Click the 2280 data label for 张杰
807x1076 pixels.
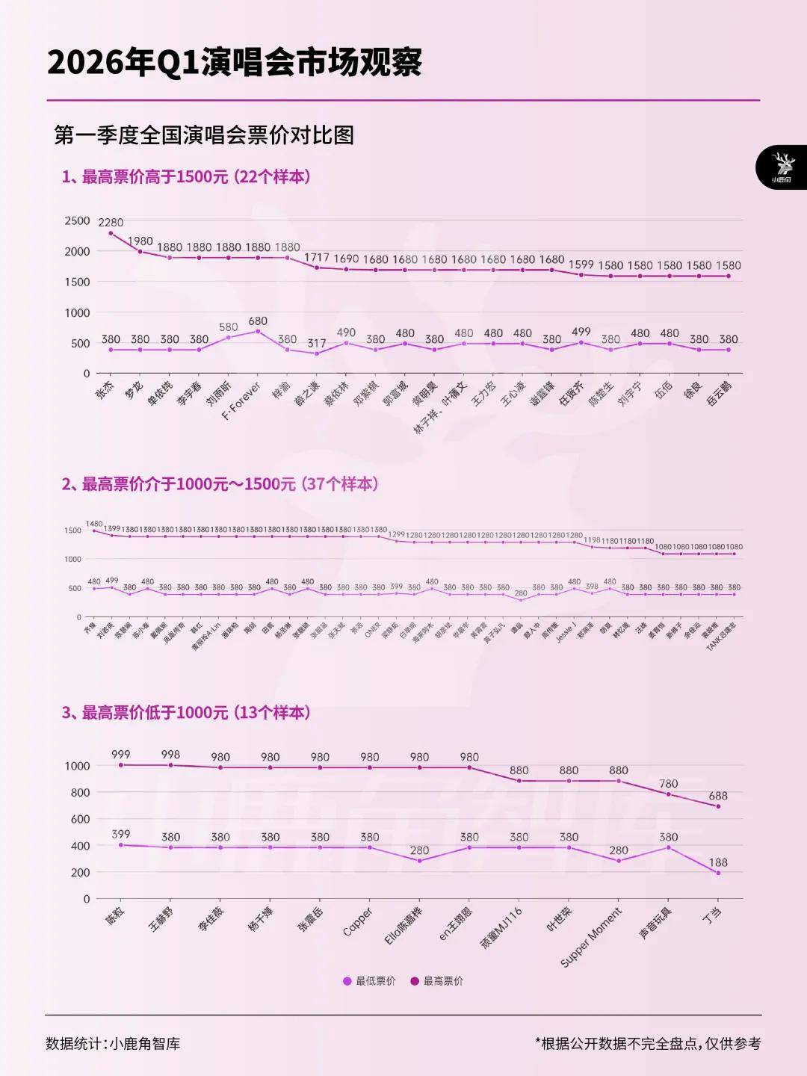pyautogui.click(x=111, y=222)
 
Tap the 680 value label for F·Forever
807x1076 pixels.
pyautogui.click(x=258, y=321)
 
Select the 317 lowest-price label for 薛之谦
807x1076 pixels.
pyautogui.click(x=317, y=343)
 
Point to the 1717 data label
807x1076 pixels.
pyautogui.click(x=317, y=257)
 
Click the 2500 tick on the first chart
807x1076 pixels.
pyautogui.click(x=77, y=220)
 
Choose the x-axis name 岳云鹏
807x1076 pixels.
pyautogui.click(x=719, y=394)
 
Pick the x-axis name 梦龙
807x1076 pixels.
pyautogui.click(x=133, y=391)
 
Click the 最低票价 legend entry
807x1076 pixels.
pyautogui.click(x=369, y=980)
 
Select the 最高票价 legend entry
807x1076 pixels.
pyautogui.click(x=437, y=980)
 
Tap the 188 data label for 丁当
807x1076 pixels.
pyautogui.click(x=718, y=862)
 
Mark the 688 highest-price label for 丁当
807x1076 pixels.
pyautogui.click(x=718, y=796)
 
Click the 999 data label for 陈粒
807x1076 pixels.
pyautogui.click(x=120, y=755)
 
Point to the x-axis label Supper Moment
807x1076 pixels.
pyautogui.click(x=591, y=937)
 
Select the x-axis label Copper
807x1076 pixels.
pyautogui.click(x=358, y=921)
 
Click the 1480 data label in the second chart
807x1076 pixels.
pyautogui.click(x=94, y=524)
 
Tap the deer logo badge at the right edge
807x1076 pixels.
pyautogui.click(x=782, y=167)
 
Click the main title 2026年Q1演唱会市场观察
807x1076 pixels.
pyautogui.click(x=235, y=63)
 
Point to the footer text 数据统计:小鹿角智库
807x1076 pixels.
pyautogui.click(x=113, y=1043)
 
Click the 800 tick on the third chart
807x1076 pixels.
pyautogui.click(x=80, y=792)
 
